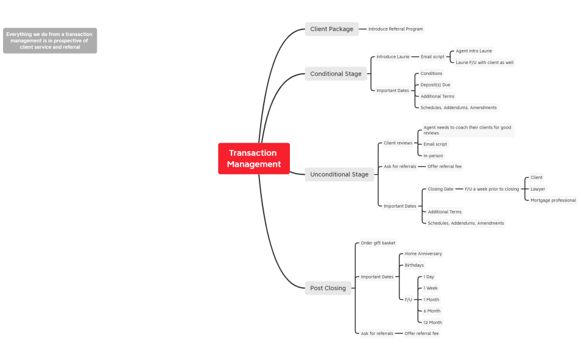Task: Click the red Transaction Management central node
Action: click(x=254, y=158)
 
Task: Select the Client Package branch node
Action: click(x=331, y=29)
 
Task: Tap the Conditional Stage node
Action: click(x=336, y=74)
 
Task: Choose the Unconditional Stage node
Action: click(x=339, y=174)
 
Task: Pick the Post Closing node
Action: click(x=328, y=288)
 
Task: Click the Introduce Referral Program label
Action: click(x=395, y=29)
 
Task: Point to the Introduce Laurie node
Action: click(x=393, y=57)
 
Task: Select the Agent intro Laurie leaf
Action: click(x=474, y=51)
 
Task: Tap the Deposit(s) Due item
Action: click(x=435, y=85)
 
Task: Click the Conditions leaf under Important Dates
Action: click(x=431, y=74)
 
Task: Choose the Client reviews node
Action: click(x=398, y=143)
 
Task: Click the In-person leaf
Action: click(x=433, y=156)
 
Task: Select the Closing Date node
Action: click(x=440, y=189)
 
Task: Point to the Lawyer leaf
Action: click(x=538, y=189)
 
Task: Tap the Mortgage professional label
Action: click(x=552, y=200)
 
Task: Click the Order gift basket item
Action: click(x=378, y=243)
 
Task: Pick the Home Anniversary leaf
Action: click(x=423, y=253)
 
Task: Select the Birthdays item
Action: click(x=414, y=265)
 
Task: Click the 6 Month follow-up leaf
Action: click(x=432, y=311)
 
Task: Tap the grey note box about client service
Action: click(x=49, y=40)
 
